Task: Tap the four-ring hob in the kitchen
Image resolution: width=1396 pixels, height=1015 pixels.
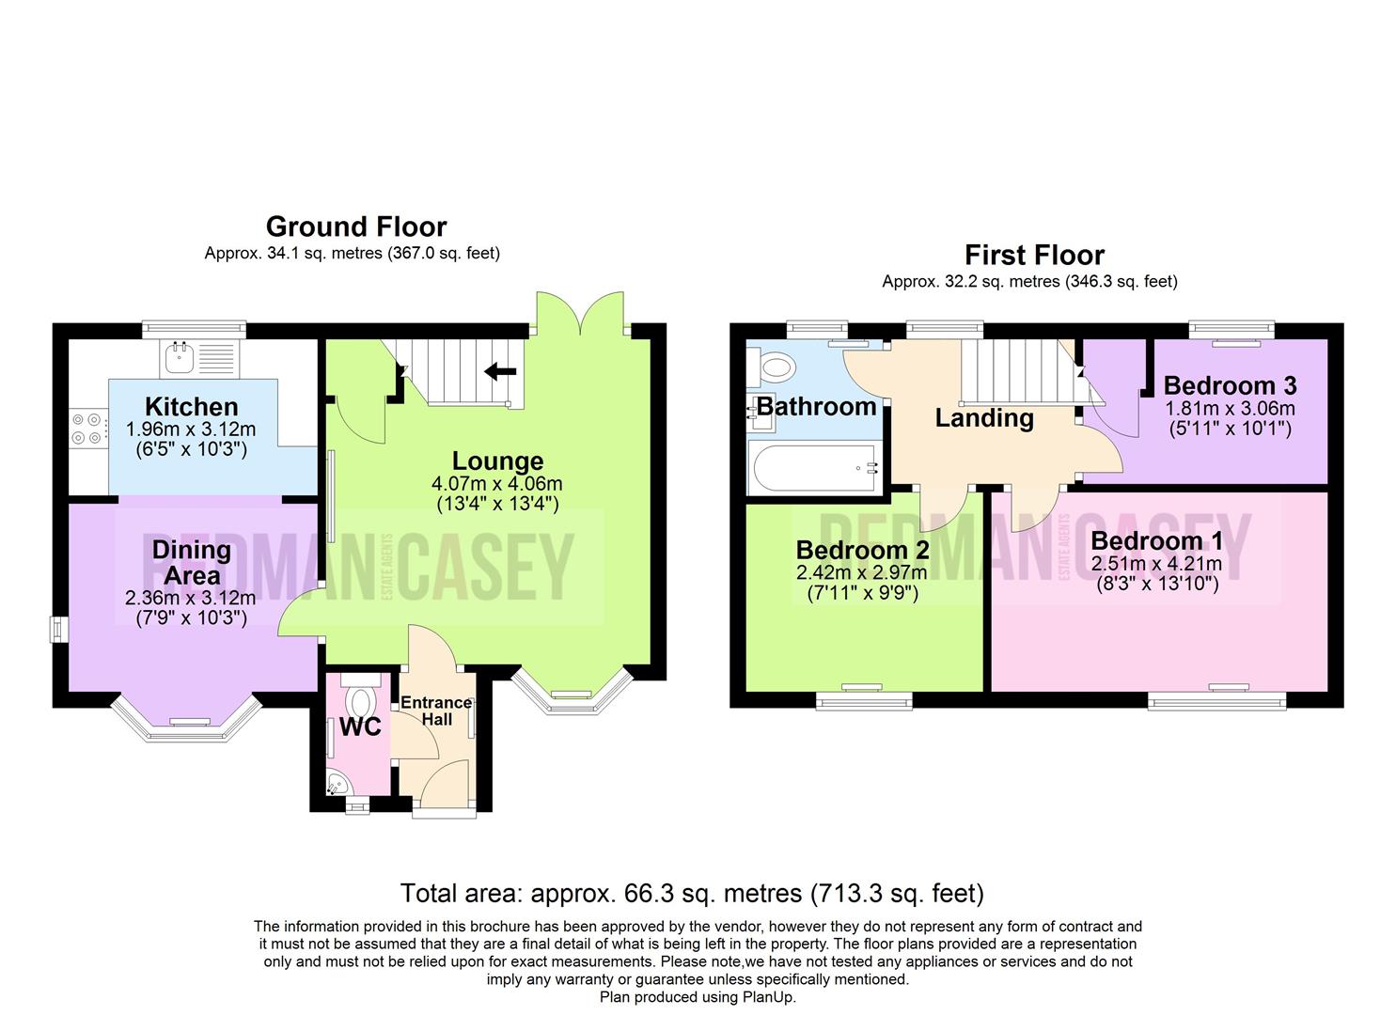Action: click(86, 429)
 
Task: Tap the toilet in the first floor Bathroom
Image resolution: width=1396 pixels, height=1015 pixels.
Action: click(772, 367)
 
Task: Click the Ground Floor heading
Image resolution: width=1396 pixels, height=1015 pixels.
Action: click(356, 226)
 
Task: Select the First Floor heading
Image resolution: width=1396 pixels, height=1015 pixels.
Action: click(1034, 255)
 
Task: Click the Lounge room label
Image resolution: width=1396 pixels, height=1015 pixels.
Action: click(497, 461)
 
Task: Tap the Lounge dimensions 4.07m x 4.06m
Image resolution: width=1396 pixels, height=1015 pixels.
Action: click(496, 483)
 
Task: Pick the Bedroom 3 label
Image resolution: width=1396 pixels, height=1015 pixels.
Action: click(1230, 385)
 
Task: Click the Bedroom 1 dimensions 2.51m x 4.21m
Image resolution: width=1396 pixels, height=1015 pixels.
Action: click(1156, 564)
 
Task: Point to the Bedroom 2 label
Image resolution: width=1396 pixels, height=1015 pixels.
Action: click(863, 550)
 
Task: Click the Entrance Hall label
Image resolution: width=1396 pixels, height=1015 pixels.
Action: click(436, 710)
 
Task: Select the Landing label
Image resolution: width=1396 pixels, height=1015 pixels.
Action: click(984, 418)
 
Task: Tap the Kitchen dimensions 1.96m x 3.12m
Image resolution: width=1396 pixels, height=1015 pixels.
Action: click(191, 429)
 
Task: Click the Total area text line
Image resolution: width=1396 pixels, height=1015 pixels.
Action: click(692, 894)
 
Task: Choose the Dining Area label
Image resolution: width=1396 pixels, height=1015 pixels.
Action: click(192, 563)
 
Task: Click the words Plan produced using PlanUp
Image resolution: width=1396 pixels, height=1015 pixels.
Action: click(698, 997)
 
